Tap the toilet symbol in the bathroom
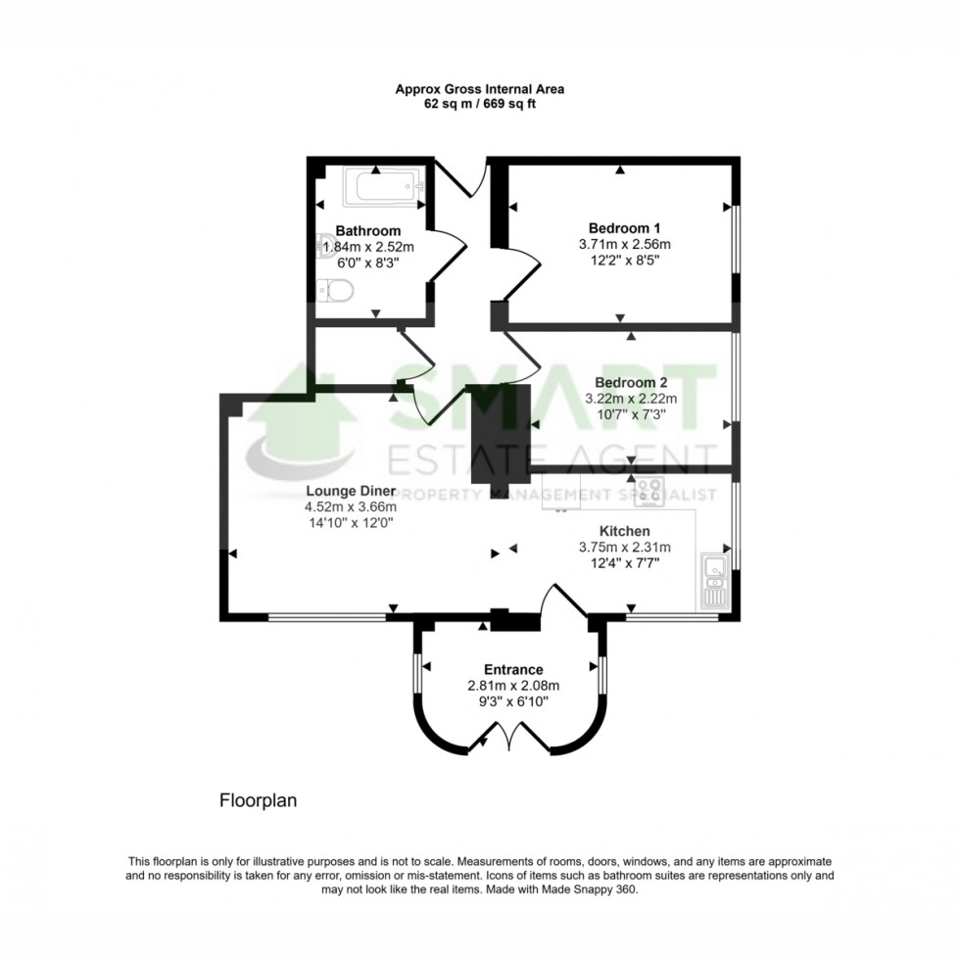(x=336, y=290)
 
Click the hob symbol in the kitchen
(x=648, y=491)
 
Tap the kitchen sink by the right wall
(x=713, y=579)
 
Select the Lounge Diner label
(x=351, y=491)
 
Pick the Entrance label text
(x=513, y=670)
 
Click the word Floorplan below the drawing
(x=257, y=800)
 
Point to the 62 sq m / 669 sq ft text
(x=479, y=103)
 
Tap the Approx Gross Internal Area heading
(x=479, y=88)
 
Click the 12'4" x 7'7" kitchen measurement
(x=625, y=563)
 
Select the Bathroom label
(x=367, y=231)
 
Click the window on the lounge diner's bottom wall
(x=327, y=617)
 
